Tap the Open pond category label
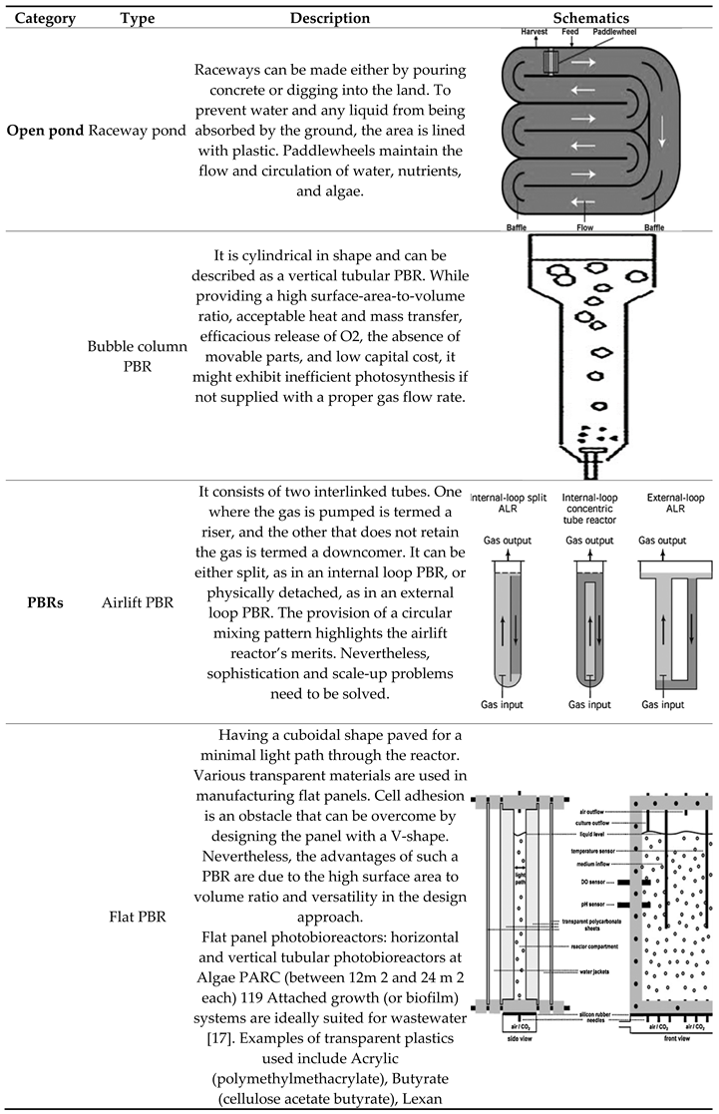click(x=45, y=131)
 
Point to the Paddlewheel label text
click(x=614, y=33)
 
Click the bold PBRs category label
click(x=45, y=603)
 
